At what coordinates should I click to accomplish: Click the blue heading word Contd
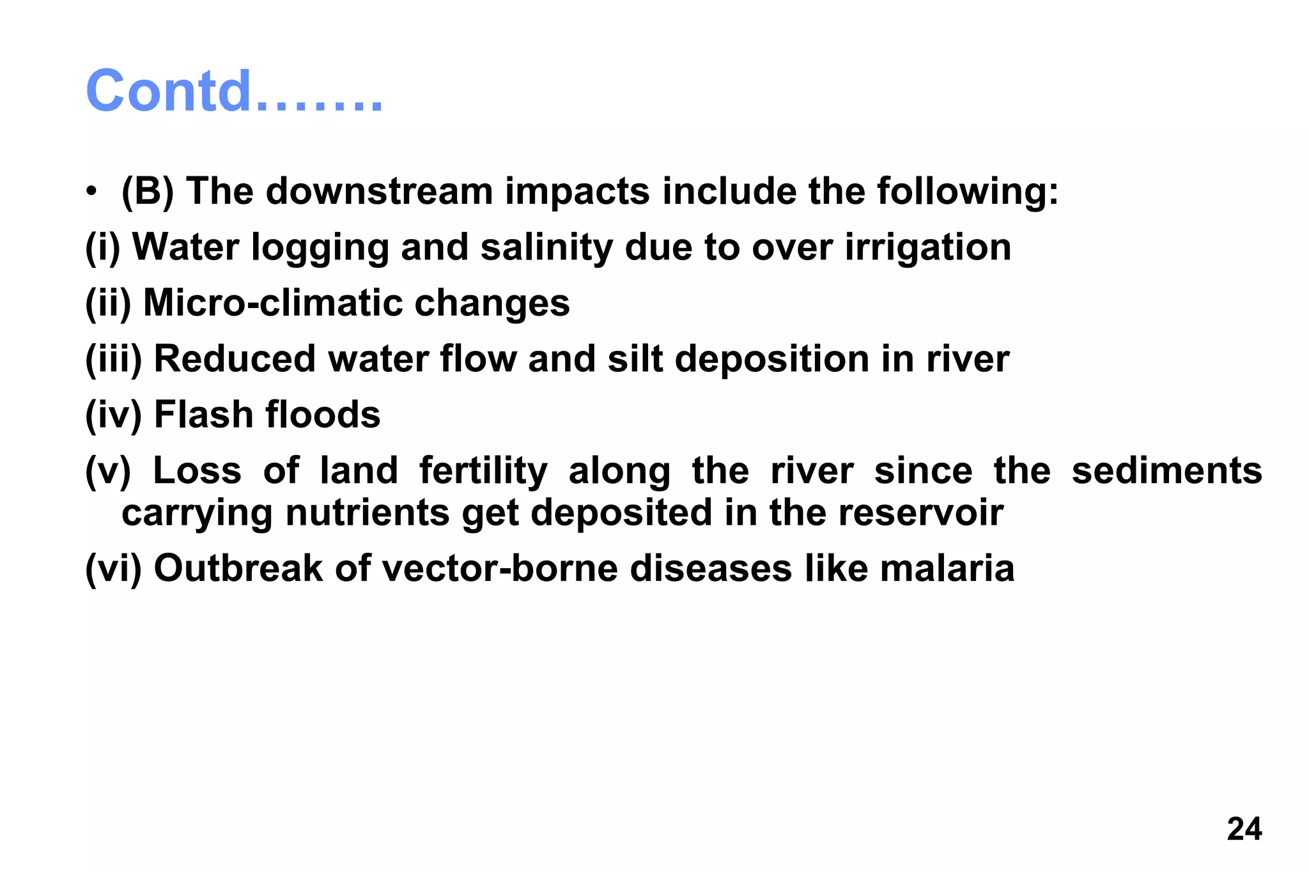coord(169,91)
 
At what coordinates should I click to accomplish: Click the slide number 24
coord(1244,829)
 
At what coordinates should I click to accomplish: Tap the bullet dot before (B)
coord(92,192)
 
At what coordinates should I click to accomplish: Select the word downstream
coord(380,191)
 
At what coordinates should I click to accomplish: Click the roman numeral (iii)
coord(113,359)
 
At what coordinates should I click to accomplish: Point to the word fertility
coord(483,471)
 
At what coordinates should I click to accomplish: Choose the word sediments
coord(1166,471)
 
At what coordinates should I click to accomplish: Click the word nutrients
coord(368,513)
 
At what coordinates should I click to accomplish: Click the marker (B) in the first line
coord(148,191)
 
